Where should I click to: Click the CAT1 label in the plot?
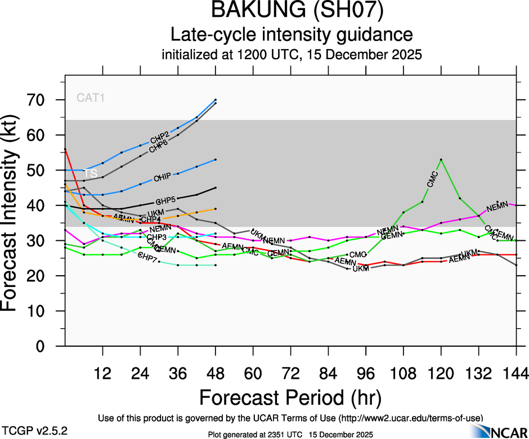tap(91, 98)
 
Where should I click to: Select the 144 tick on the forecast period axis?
tap(516, 373)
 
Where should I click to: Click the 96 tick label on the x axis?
tap(366, 373)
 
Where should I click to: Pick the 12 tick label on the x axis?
tap(102, 373)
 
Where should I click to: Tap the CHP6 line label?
tap(160, 147)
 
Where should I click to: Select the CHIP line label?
tap(163, 178)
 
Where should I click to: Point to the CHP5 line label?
tap(165, 200)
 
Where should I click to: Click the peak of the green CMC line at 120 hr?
tap(441, 160)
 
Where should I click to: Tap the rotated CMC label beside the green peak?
tap(432, 179)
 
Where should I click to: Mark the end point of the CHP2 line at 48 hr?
tap(216, 100)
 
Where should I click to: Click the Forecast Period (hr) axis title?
tap(290, 398)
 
